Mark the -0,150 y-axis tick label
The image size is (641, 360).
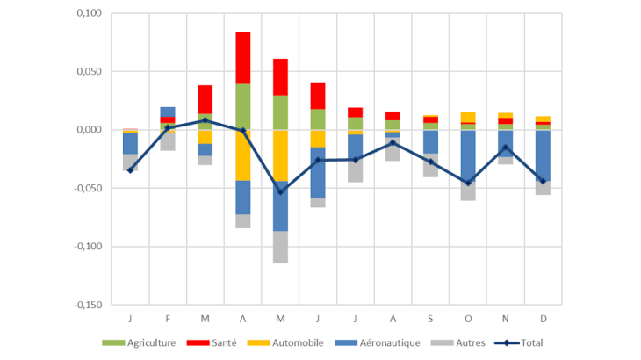click(86, 305)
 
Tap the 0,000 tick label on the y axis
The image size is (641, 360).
click(88, 130)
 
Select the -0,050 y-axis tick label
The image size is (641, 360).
click(86, 188)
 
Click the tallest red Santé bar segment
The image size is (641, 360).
click(242, 58)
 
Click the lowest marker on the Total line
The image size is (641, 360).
click(280, 191)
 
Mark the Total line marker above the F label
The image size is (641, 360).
click(168, 127)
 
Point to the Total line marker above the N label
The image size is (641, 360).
click(505, 148)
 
